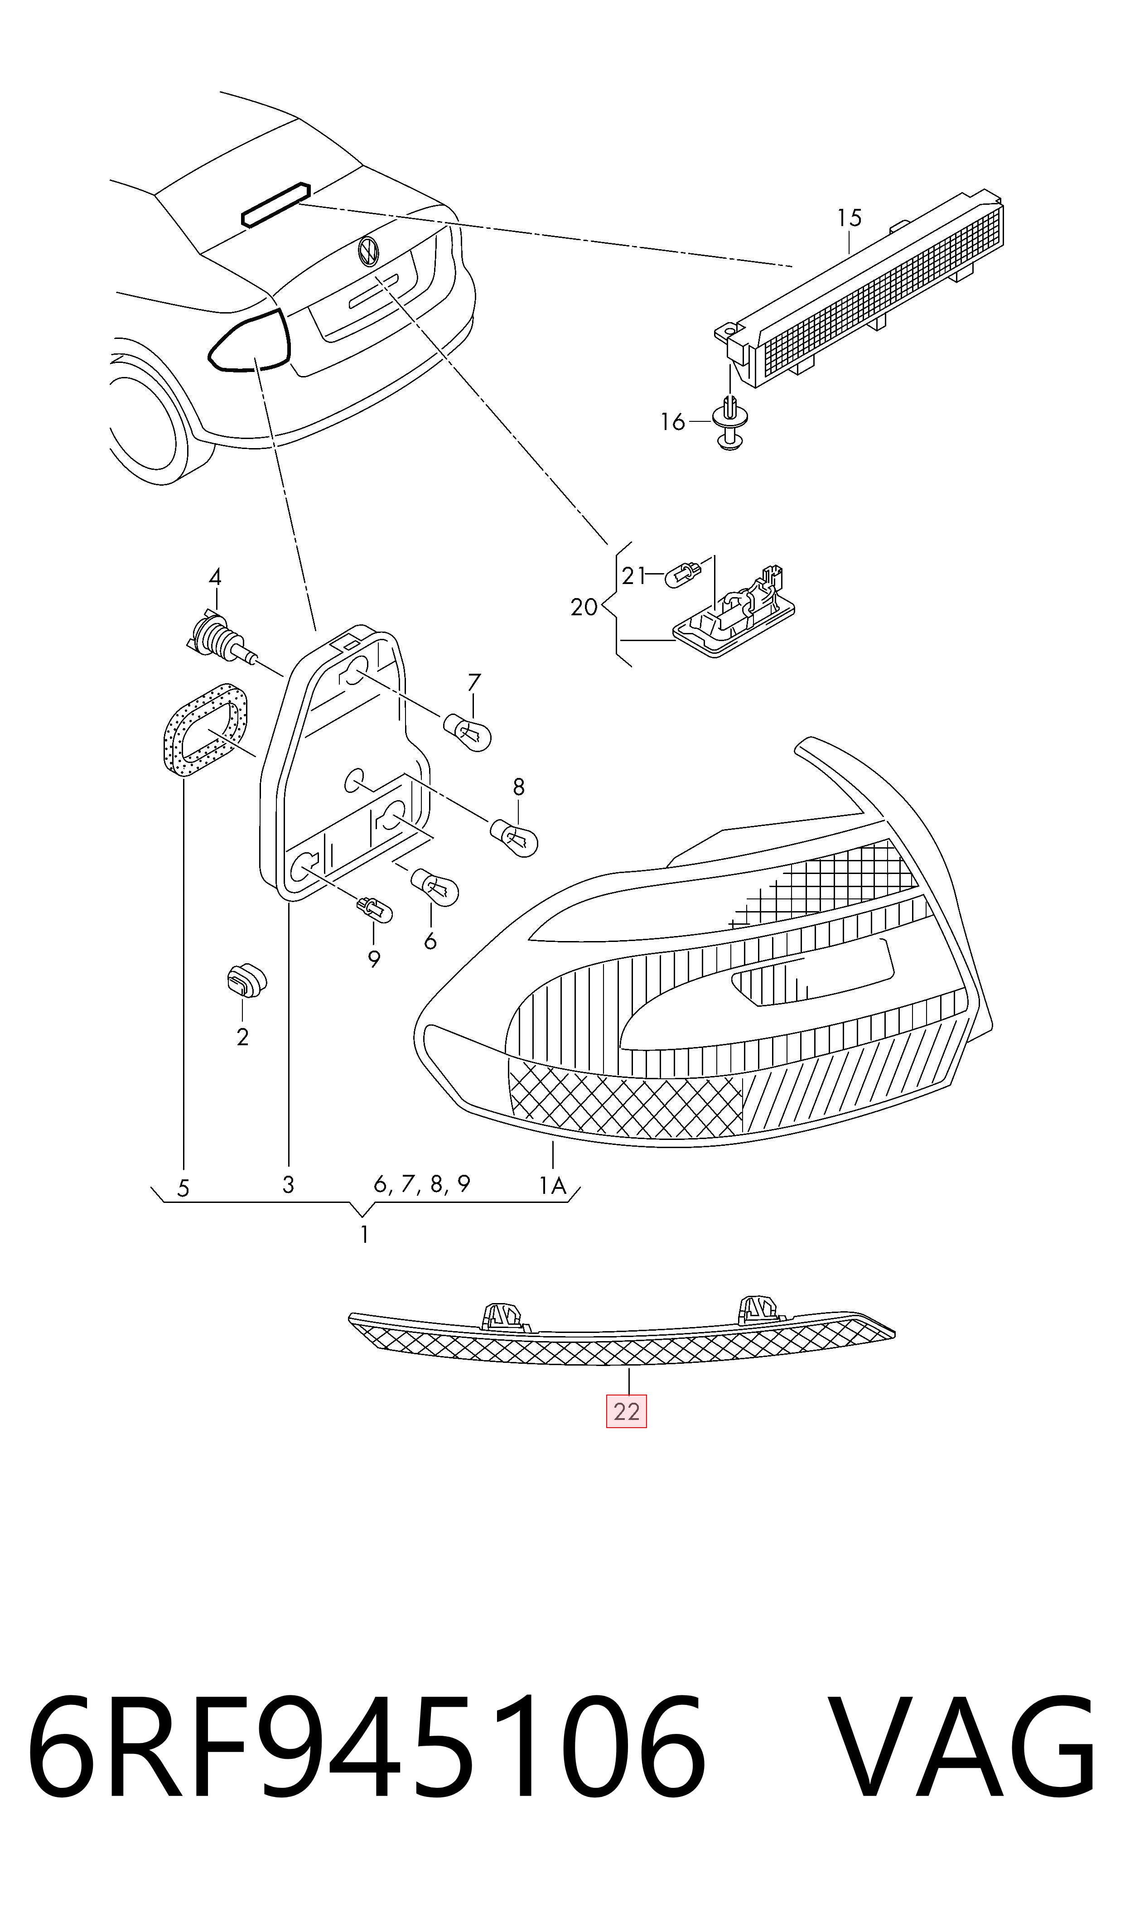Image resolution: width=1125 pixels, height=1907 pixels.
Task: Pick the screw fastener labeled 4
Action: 222,638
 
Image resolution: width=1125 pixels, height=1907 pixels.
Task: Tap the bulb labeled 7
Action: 467,732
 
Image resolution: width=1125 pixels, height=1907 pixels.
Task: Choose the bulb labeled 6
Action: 435,888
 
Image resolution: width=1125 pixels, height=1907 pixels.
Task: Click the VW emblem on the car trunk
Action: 368,250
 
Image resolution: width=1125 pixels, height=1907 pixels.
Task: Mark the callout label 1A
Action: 553,1185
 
